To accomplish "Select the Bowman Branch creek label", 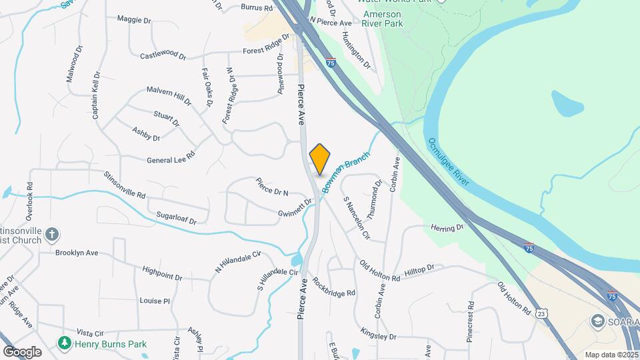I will [346, 171].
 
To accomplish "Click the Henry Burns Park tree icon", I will [65, 343].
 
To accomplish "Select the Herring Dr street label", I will [447, 228].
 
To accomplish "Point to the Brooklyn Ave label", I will [77, 253].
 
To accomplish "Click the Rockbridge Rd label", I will [333, 287].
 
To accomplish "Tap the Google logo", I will [21, 352].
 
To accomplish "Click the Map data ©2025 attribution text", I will [611, 355].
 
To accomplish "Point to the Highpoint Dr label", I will [162, 273].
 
